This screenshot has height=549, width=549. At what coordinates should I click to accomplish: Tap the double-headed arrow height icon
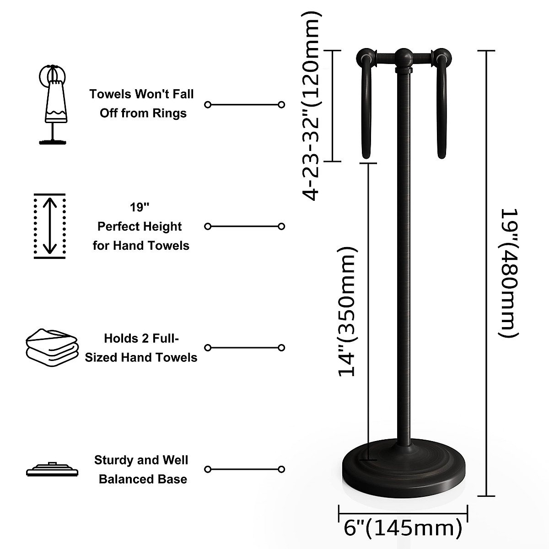50,226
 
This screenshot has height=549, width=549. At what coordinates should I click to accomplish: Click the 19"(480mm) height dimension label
509,273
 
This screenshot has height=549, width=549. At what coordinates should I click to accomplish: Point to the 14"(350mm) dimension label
347,312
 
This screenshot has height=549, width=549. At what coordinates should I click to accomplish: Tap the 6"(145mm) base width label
403,528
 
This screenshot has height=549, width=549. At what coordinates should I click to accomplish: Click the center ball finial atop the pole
404,57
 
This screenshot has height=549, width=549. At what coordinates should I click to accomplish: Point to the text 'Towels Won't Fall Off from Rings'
142,104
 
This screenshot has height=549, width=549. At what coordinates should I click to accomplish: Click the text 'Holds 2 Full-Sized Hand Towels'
141,348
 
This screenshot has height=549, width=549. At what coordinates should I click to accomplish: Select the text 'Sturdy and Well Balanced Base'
142,469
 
